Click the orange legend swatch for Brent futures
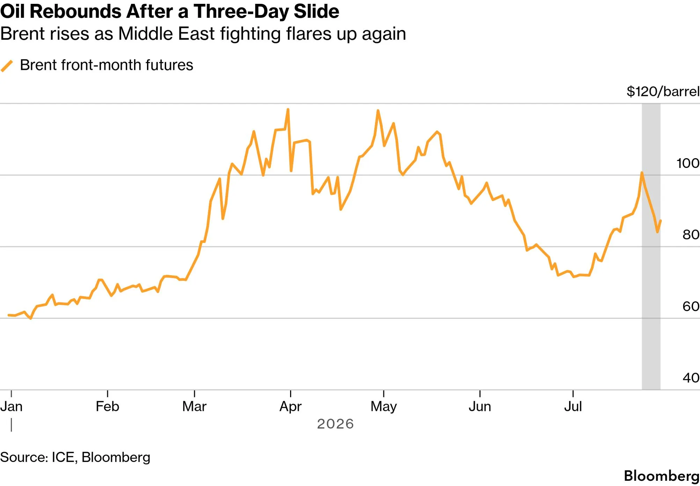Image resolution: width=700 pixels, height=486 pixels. pos(7,66)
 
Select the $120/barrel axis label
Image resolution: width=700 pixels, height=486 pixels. pos(663,91)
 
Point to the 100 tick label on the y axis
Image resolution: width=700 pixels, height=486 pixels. pos(688,163)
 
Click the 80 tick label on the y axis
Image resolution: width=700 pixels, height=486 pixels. pos(691,235)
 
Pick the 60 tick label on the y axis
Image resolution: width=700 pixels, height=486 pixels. pos(691,307)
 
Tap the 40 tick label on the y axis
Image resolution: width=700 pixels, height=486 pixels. pos(691,378)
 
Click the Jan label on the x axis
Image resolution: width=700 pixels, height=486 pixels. pos(12,407)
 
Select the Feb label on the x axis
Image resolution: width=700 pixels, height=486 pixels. pos(108,407)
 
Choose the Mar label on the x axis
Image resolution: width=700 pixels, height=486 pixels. pos(194,407)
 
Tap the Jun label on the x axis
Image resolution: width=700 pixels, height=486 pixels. pos(480,407)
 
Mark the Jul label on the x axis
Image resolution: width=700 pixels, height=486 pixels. pos(573,407)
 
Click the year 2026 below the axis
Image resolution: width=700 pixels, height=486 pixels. pos(336,424)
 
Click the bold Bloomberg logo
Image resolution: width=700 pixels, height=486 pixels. pos(662,476)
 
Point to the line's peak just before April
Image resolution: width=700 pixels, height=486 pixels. pos(288,109)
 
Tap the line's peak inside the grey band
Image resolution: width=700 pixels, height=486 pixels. pos(642,172)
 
